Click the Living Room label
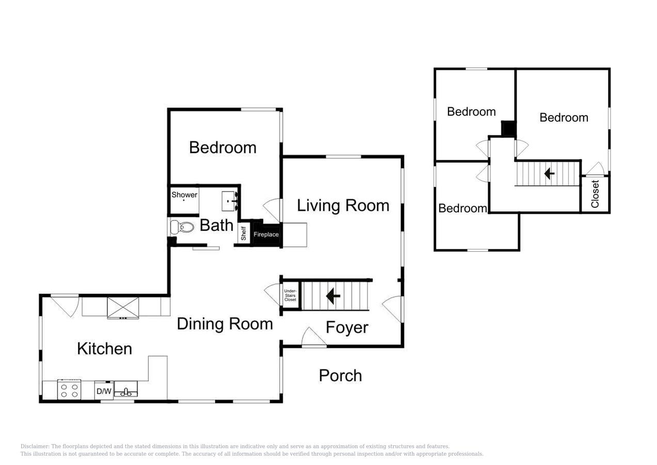tap(343, 206)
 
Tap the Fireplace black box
tap(266, 234)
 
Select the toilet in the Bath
tap(182, 227)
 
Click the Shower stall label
tap(184, 195)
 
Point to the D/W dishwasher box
tap(104, 391)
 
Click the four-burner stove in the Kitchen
tap(69, 390)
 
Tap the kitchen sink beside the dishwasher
tap(126, 389)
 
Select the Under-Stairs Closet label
tap(290, 296)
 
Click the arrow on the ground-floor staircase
tap(333, 296)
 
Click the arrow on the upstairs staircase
tap(549, 174)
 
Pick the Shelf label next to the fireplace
tap(244, 234)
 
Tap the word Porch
tap(340, 376)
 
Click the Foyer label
tap(347, 328)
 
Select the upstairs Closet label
tap(595, 194)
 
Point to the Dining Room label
tap(225, 324)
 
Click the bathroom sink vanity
tap(229, 201)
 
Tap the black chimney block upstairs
tap(508, 129)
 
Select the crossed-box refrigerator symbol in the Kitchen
tap(123, 307)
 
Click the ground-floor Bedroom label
tap(222, 147)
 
